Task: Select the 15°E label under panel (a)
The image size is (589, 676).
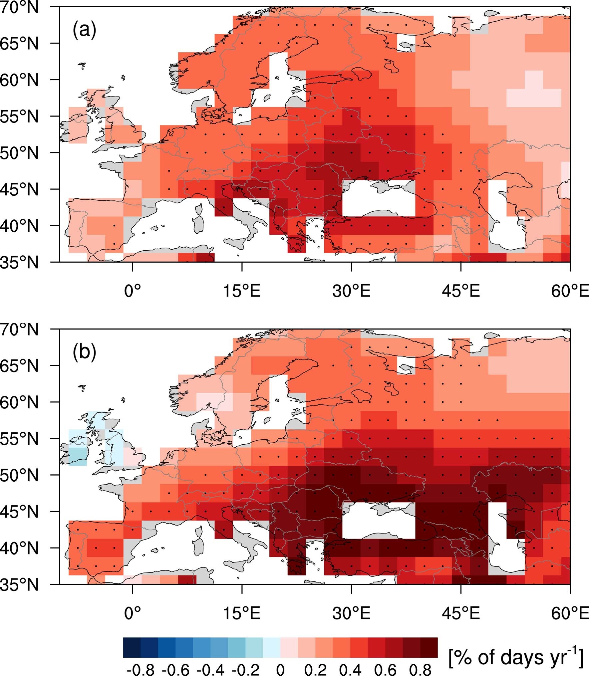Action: pos(242,292)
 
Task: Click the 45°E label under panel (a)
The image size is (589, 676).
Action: pos(461,292)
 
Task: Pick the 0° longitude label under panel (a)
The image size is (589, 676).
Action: pos(133,292)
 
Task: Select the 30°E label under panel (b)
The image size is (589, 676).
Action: pos(351,613)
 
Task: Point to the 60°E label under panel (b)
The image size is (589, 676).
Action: pos(570,613)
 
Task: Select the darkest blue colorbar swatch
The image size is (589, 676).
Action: pos(132,648)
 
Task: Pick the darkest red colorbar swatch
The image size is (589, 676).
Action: pos(429,648)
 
